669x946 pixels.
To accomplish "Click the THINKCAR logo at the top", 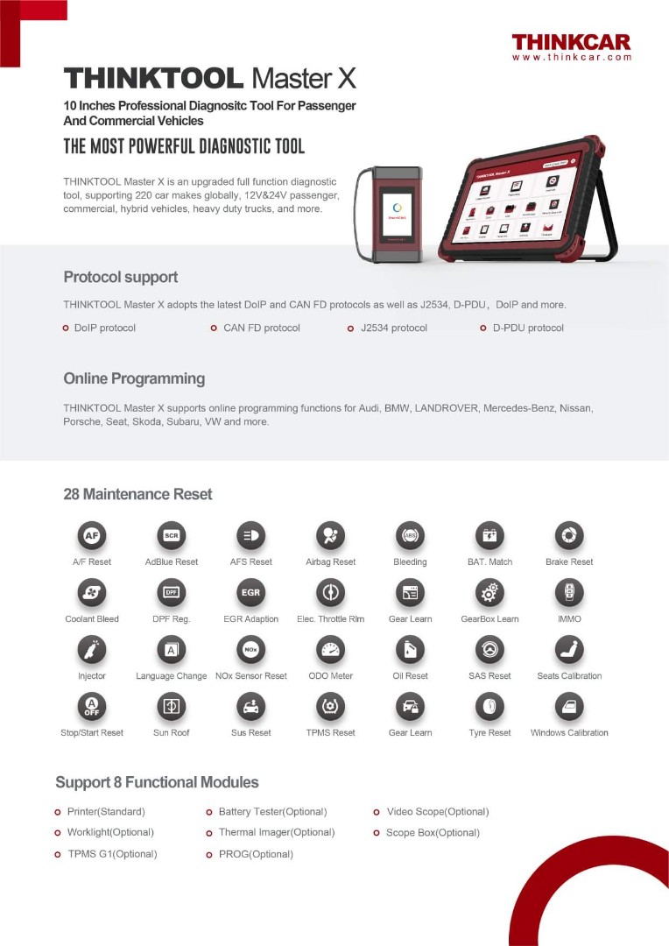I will [570, 41].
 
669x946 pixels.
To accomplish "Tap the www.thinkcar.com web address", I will [570, 57].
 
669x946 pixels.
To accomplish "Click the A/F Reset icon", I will [92, 535].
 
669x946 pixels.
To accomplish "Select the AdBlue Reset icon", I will [172, 535].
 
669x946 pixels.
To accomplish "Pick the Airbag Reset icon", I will [331, 535].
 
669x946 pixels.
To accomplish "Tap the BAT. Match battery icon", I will [489, 535].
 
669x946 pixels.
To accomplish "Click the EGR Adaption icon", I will [250, 593].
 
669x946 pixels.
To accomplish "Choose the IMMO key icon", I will [569, 593].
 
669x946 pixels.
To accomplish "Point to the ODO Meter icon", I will [331, 650].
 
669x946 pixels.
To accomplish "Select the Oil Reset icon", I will [410, 650].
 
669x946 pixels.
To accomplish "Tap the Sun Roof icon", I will [172, 706].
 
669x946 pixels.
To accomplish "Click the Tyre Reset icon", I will [489, 706].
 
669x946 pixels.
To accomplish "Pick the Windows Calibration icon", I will [569, 706].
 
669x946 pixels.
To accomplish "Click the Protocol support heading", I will [120, 278].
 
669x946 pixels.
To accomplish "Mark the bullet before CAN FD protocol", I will [214, 328].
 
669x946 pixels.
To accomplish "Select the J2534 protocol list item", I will [393, 328].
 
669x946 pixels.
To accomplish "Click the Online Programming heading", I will [134, 379].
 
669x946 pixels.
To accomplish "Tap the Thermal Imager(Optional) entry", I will [276, 833].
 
